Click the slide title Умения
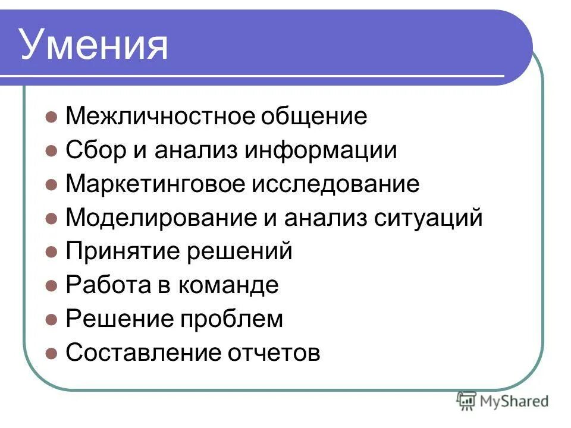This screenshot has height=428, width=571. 95,46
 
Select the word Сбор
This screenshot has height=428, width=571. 95,150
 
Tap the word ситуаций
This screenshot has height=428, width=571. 428,218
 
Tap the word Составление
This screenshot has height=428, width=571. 142,353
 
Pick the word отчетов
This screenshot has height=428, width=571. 274,353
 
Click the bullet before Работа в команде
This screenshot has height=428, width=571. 52,286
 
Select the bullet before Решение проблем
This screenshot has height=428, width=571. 52,320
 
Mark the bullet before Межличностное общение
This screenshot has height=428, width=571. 52,117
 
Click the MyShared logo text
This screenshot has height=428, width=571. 515,401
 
